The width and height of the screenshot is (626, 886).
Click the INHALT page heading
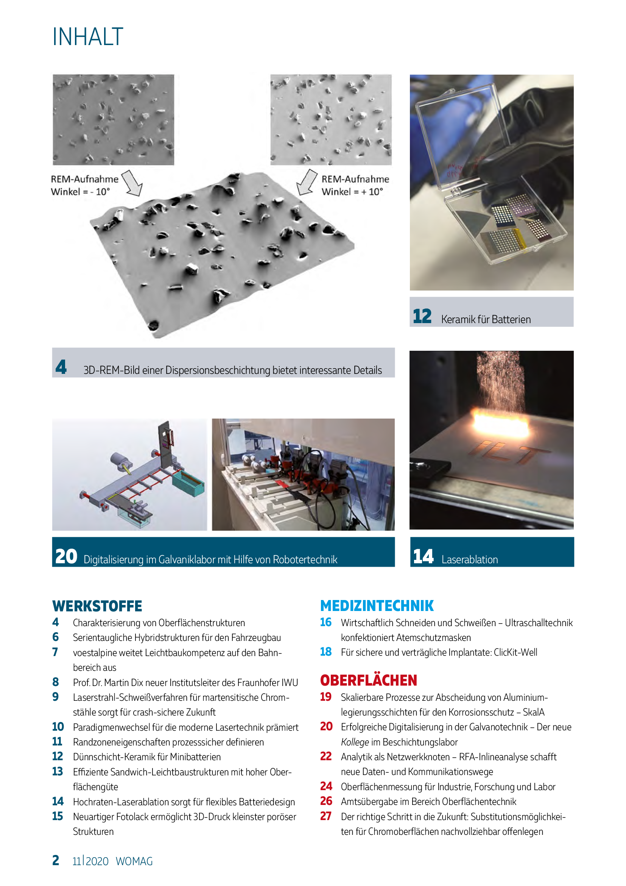[x=88, y=37]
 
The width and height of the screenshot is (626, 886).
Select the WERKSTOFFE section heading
[x=97, y=606]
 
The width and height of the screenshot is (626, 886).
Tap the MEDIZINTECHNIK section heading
[x=377, y=606]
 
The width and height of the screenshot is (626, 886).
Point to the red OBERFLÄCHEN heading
[x=369, y=680]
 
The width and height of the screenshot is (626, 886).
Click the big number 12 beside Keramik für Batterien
[x=422, y=316]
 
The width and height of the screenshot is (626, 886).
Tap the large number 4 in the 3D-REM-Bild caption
[x=61, y=367]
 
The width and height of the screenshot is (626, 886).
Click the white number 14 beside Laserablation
[x=423, y=556]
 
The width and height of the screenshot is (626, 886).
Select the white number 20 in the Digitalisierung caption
[x=66, y=556]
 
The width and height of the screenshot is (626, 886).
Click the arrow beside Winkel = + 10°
[x=307, y=182]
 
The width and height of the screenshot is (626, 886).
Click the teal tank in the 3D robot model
[x=188, y=484]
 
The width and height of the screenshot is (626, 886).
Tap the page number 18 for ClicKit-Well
[x=326, y=652]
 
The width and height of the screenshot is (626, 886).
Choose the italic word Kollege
[x=355, y=742]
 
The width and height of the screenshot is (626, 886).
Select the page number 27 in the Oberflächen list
[x=326, y=816]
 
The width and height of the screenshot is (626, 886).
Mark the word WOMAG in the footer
[x=134, y=861]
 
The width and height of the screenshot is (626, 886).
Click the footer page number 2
[x=56, y=861]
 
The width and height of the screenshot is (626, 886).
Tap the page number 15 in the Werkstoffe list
[x=58, y=816]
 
